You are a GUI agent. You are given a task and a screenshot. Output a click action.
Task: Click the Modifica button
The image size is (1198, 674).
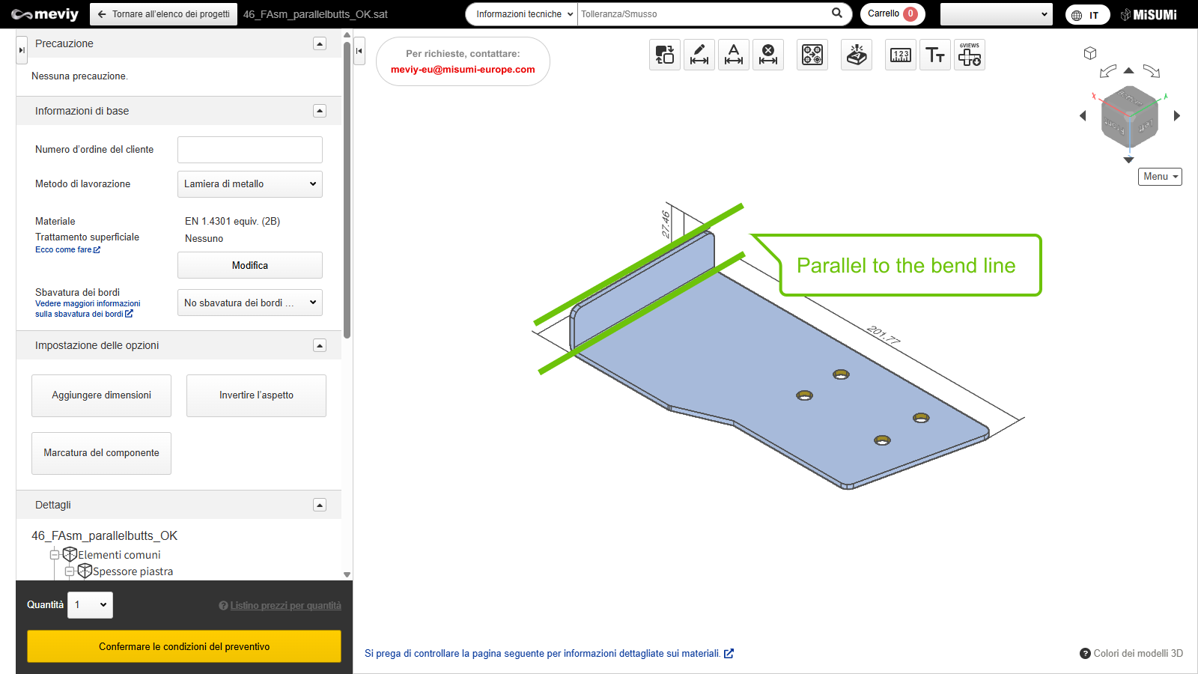250,265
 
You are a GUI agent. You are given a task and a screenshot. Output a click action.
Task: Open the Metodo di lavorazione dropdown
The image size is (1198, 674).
250,184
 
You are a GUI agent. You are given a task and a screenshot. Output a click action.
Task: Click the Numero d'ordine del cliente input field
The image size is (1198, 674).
250,150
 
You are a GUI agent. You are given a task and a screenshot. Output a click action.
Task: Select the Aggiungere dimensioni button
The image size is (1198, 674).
101,395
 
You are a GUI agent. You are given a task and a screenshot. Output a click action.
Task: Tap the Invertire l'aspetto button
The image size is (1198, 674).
256,395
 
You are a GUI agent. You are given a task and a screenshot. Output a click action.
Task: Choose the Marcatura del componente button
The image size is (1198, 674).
101,453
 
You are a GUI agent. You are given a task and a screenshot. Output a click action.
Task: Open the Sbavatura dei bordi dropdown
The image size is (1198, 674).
250,303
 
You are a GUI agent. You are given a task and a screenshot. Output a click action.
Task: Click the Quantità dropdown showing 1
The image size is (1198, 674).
90,605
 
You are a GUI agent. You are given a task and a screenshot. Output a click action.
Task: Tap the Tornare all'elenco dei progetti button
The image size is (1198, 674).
164,14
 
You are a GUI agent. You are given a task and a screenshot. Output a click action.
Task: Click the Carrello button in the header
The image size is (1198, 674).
892,14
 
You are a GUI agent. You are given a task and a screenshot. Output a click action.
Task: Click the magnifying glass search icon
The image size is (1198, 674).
837,13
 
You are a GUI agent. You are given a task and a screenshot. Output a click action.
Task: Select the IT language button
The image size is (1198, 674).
1087,15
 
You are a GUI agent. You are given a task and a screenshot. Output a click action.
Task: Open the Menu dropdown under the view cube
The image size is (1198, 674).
1160,177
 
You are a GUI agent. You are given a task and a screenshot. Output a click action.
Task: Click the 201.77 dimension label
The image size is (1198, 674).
883,336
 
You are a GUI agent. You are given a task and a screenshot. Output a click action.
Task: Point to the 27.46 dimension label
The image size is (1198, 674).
666,224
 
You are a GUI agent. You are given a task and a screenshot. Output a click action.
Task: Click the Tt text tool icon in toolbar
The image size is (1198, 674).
935,55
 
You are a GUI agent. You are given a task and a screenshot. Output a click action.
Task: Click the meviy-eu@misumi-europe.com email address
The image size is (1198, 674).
463,70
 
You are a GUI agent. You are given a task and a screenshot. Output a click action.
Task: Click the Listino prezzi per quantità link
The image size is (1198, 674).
285,606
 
